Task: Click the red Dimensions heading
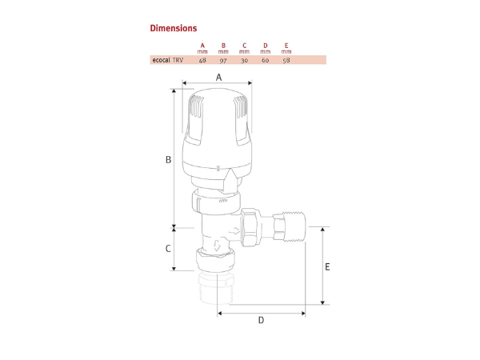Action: click(173, 28)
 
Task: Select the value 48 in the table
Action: click(202, 60)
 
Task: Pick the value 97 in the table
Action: click(223, 60)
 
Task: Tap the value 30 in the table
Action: click(244, 60)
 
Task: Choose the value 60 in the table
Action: click(265, 60)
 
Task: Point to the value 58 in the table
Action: click(286, 60)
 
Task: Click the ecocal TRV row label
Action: click(167, 60)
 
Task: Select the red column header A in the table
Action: click(202, 45)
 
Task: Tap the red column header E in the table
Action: click(286, 45)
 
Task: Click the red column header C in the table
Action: click(244, 45)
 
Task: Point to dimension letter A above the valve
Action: click(218, 77)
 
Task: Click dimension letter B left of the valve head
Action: click(168, 160)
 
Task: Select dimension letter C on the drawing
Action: click(168, 248)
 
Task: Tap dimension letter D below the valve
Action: click(261, 321)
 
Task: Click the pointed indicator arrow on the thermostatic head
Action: click(230, 177)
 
